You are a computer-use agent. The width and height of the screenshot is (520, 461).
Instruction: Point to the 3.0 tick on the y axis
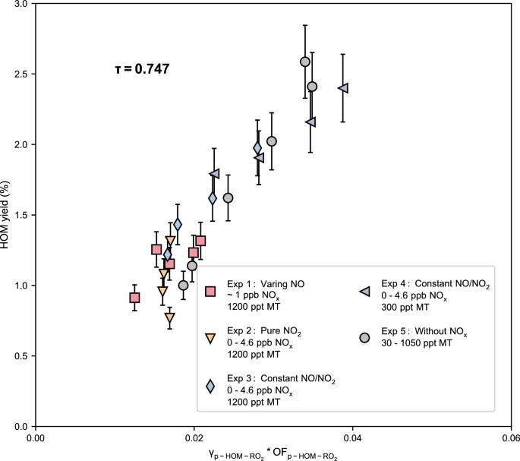[23, 4]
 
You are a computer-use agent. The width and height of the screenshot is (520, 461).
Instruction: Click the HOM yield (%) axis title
[8, 215]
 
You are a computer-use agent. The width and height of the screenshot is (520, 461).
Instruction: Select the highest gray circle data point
[305, 62]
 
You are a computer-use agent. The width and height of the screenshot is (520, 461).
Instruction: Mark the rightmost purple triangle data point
[342, 89]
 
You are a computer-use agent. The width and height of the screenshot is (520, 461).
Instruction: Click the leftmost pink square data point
[134, 298]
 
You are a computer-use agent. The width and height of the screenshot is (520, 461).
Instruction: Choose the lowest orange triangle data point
[170, 318]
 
